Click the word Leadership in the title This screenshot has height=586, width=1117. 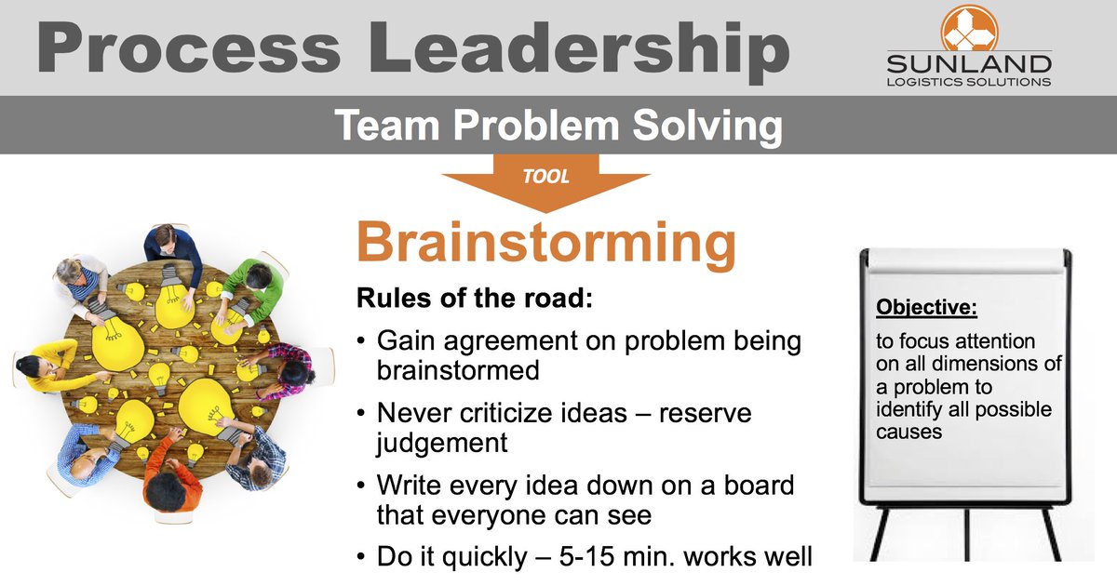(558, 47)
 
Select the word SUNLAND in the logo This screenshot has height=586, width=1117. (970, 64)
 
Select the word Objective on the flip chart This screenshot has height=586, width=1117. (924, 308)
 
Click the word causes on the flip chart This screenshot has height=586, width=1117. (906, 433)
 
